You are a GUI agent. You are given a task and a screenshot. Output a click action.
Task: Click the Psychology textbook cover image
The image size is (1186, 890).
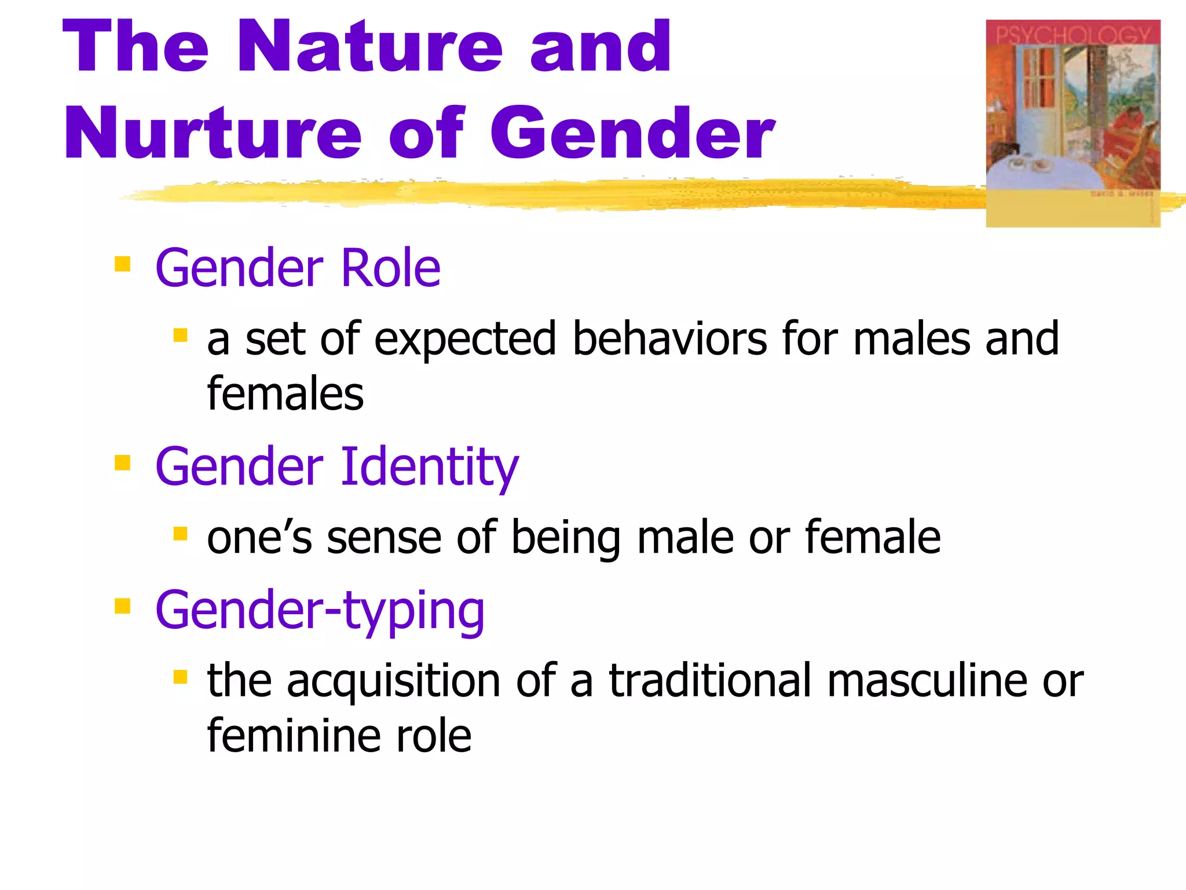(1072, 123)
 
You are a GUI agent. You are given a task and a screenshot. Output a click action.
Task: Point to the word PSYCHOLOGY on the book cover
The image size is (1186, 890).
(1072, 35)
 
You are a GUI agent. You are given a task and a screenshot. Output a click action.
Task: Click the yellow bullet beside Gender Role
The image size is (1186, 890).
(122, 265)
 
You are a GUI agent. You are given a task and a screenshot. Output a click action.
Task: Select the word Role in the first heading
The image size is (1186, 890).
(391, 268)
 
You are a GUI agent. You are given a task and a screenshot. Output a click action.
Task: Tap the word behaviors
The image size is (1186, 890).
(669, 338)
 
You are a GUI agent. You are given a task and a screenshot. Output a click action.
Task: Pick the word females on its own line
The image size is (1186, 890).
(285, 393)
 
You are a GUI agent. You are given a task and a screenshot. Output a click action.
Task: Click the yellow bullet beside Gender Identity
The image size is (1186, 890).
(122, 463)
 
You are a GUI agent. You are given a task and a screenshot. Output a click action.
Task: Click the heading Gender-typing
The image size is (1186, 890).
(320, 611)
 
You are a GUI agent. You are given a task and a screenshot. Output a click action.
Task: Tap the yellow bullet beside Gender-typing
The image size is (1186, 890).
(122, 606)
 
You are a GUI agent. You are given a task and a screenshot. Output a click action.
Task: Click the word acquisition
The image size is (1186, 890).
(393, 681)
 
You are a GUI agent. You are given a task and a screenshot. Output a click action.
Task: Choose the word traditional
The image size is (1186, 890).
(710, 680)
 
